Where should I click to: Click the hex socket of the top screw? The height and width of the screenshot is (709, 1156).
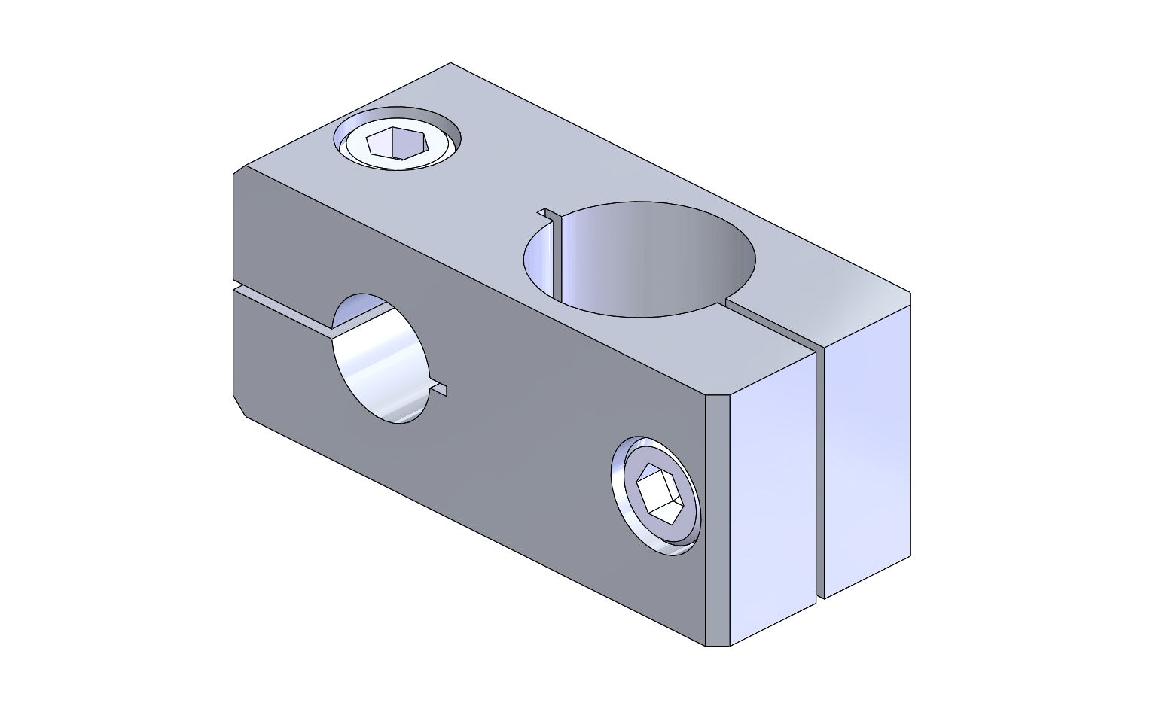(x=397, y=142)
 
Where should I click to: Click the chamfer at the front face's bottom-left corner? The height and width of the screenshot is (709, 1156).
(x=239, y=405)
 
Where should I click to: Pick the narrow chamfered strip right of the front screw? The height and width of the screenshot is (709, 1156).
(x=718, y=519)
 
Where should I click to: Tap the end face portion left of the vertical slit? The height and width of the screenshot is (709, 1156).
(x=773, y=497)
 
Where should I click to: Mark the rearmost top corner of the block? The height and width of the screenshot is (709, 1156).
(x=450, y=63)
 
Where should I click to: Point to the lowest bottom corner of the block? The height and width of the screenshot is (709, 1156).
(x=717, y=646)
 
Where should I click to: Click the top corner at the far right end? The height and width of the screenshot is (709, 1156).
(x=910, y=293)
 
